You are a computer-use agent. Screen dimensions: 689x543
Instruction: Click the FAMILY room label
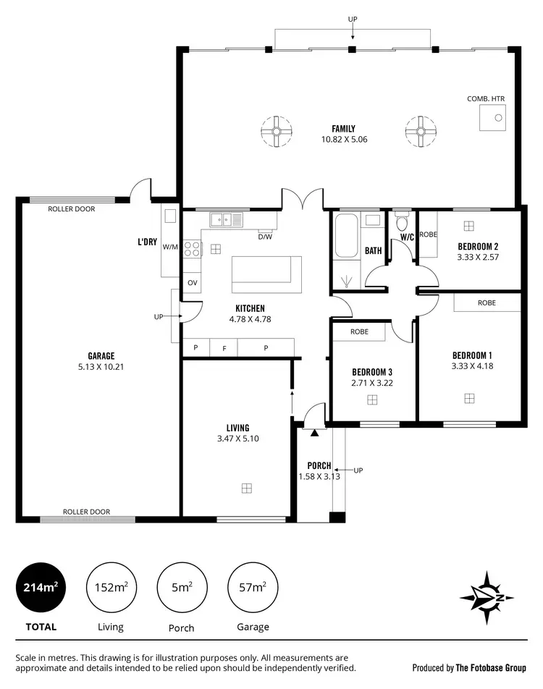pos(344,129)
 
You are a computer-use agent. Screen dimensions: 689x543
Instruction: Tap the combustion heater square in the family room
pos(493,117)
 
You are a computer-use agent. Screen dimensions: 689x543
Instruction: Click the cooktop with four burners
pos(192,250)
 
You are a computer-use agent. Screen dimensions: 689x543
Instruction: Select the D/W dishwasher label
pos(264,237)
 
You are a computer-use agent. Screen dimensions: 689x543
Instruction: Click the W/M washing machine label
pos(170,247)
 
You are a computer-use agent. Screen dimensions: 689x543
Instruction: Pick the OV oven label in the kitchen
pos(192,282)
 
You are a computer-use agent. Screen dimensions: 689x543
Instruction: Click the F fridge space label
pos(224,348)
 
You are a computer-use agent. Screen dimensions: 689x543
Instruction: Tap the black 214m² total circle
pos(41,588)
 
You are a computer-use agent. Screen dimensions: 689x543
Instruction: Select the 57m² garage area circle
pos(253,588)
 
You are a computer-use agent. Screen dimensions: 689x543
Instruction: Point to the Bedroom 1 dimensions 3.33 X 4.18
pos(472,365)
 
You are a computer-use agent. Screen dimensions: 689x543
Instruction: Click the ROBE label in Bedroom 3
pos(359,331)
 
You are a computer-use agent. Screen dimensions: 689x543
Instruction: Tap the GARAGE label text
pos(101,355)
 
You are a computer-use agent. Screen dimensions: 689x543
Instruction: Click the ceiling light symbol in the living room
pos(247,488)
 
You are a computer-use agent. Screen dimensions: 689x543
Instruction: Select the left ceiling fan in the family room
pos(277,132)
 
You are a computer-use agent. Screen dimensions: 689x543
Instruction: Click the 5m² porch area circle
pos(182,588)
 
